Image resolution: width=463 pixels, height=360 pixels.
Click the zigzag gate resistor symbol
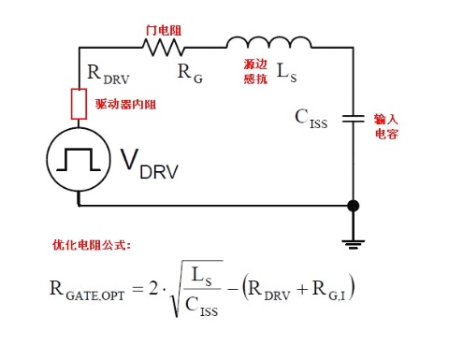(164, 48)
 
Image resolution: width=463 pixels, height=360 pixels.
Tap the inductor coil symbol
(268, 42)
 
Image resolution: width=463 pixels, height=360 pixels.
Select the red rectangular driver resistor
(79, 104)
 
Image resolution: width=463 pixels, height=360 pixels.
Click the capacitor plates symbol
(354, 119)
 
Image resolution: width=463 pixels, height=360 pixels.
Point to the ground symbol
(354, 245)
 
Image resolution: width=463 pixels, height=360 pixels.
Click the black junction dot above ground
(354, 206)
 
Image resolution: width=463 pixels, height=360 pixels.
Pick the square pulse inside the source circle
(79, 159)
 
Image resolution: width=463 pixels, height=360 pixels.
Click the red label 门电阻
(164, 30)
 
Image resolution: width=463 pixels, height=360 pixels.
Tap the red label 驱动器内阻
(125, 104)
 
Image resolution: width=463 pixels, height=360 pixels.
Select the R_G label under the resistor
(190, 74)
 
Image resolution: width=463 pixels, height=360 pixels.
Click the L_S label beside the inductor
(287, 73)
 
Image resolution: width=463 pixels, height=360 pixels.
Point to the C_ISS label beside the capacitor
(311, 119)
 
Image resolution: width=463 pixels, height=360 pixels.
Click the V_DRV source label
(150, 164)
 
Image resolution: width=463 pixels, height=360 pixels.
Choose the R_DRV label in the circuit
(109, 75)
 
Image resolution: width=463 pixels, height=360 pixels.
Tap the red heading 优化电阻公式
(92, 245)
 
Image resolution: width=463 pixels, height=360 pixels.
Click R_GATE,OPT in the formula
(87, 290)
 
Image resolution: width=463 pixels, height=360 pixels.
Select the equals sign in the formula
(138, 289)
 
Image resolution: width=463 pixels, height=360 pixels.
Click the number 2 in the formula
(153, 288)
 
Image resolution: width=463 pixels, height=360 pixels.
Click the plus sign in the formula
(302, 290)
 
